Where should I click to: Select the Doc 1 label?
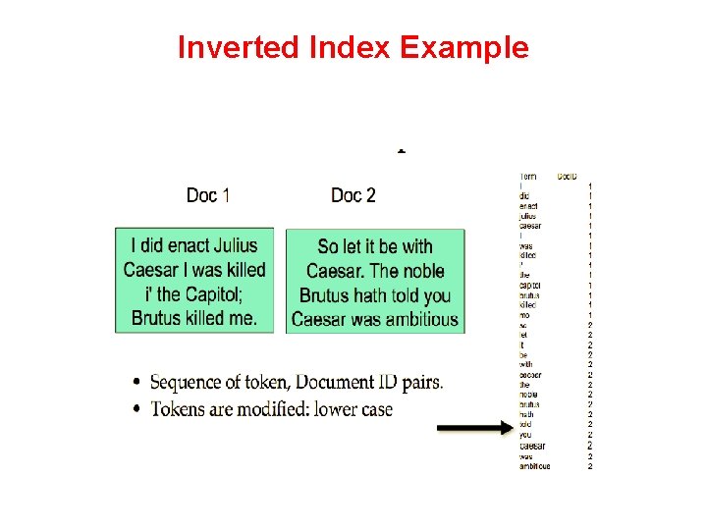208,195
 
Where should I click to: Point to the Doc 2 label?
353,195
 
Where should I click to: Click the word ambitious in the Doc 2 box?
416,319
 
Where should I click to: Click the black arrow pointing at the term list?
475,428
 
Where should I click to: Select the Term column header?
528,177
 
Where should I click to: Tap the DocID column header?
567,177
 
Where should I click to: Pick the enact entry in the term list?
529,206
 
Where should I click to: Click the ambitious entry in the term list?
535,466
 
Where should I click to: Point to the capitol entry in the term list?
530,285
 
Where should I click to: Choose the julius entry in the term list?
528,216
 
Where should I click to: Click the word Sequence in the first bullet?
188,382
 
